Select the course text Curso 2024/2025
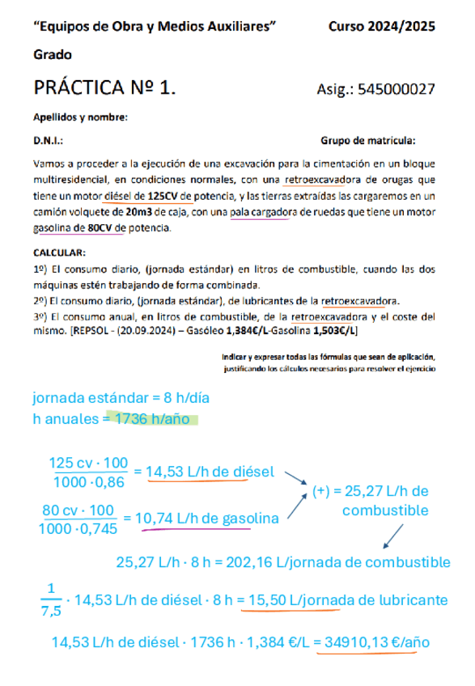click(x=381, y=27)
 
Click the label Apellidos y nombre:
click(x=80, y=118)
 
